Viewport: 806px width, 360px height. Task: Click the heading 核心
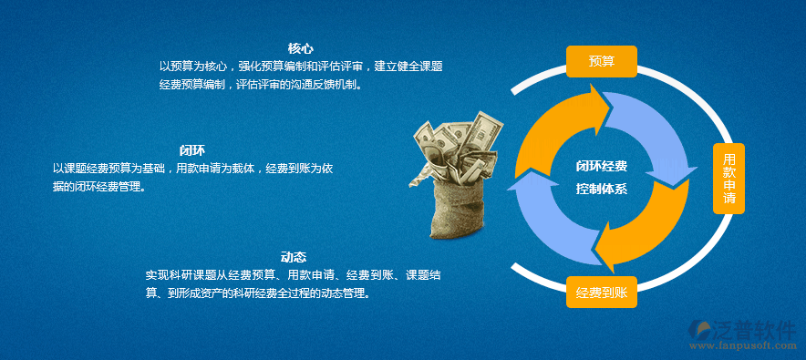coord(301,49)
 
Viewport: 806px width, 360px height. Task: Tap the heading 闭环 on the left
coord(192,150)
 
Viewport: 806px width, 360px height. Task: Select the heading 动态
coord(294,257)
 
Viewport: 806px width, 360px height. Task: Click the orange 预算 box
coord(602,62)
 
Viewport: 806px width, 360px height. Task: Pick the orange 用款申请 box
coord(728,179)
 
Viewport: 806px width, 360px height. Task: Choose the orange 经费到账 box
coord(602,293)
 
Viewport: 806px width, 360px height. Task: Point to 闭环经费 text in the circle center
coord(602,166)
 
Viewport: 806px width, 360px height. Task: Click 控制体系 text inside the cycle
coord(602,189)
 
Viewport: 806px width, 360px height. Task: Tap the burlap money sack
coord(458,208)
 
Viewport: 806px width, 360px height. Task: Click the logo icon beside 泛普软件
coord(698,329)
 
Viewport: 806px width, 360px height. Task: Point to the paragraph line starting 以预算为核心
coord(301,67)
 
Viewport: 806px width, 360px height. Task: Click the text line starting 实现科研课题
coord(293,274)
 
